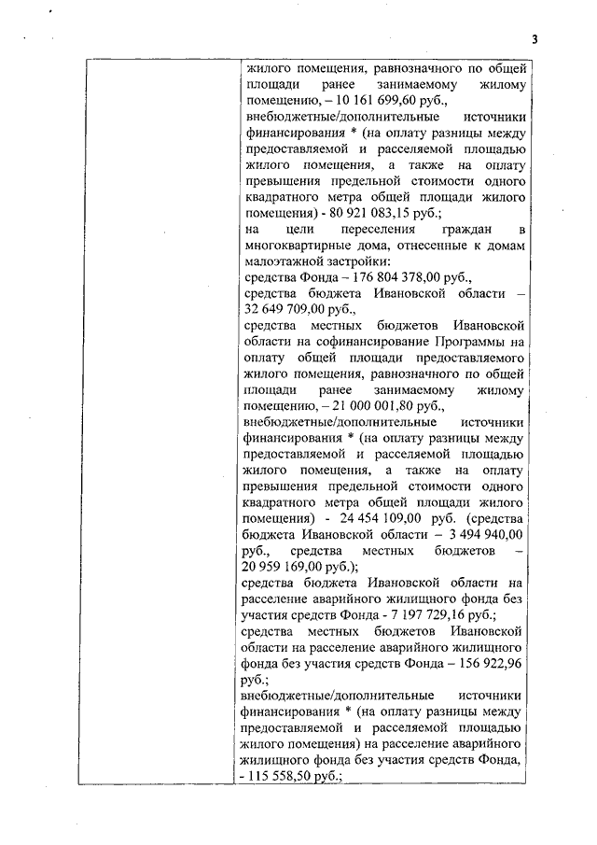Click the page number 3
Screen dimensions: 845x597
536,38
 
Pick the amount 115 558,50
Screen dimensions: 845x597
285,777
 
